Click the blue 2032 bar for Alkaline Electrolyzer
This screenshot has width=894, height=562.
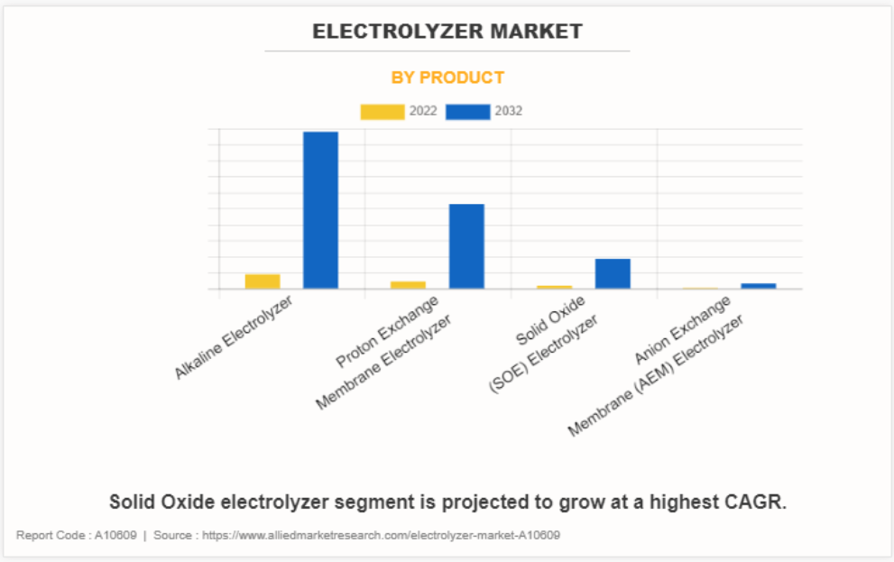(320, 210)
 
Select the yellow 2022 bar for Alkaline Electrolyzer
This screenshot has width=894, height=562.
(263, 281)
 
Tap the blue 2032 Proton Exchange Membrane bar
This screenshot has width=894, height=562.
(466, 246)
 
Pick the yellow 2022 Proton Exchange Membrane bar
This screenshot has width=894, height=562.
(408, 285)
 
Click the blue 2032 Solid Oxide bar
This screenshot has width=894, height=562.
(613, 273)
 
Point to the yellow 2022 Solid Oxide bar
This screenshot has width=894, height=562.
(555, 287)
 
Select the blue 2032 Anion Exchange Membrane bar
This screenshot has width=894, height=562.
(759, 286)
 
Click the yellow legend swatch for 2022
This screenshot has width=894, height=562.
(382, 112)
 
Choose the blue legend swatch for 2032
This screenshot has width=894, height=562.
(468, 112)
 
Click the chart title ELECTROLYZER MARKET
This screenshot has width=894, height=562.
(447, 32)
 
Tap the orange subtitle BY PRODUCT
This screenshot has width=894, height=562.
(447, 78)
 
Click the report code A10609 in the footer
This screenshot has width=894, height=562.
(115, 536)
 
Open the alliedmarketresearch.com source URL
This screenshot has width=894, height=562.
(381, 536)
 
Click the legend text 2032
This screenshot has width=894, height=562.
(508, 112)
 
